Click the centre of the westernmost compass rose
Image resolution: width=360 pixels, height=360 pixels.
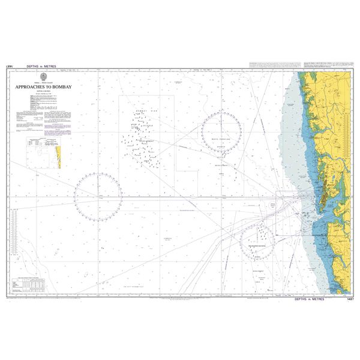click(x=98, y=196)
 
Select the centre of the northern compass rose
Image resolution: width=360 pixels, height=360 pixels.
click(x=221, y=131)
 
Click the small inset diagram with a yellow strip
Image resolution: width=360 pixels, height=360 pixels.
click(x=43, y=153)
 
